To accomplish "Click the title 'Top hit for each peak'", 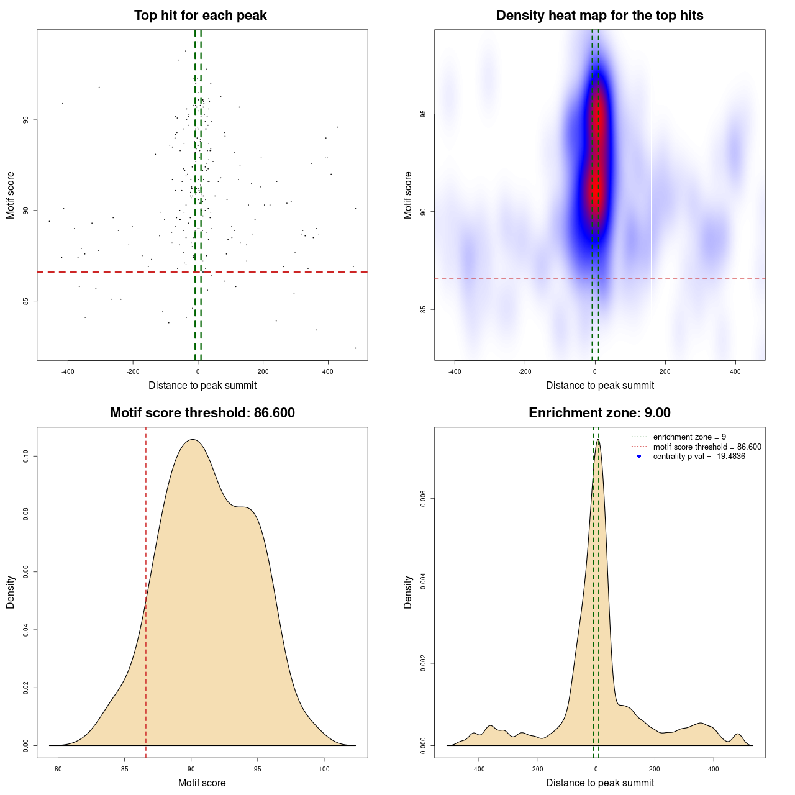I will click(x=200, y=16).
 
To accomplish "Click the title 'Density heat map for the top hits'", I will click(x=599, y=16).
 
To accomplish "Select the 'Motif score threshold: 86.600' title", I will click(x=202, y=413).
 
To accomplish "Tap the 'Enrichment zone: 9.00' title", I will click(x=599, y=413).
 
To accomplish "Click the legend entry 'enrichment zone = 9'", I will click(x=689, y=437).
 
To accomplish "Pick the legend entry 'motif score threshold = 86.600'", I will click(x=707, y=447).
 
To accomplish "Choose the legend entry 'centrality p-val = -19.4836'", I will click(x=699, y=457).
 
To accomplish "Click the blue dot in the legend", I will click(x=639, y=457).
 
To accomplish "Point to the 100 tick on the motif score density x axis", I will click(x=324, y=769).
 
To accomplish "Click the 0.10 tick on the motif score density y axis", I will click(x=26, y=457).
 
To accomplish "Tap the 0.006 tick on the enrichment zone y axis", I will click(x=424, y=499).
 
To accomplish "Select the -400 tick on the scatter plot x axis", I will click(x=68, y=371).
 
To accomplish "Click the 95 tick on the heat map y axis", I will click(x=424, y=114).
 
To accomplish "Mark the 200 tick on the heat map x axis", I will click(x=665, y=371).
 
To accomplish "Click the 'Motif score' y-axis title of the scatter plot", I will click(x=11, y=195).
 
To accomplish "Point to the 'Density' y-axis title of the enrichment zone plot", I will click(x=408, y=593).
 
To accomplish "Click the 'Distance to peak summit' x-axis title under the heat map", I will click(x=599, y=386).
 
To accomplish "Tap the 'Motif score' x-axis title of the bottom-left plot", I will click(x=202, y=783).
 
